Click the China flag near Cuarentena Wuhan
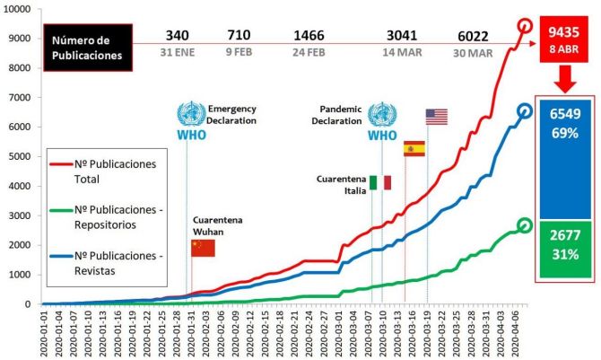click(x=203, y=248)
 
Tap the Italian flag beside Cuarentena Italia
click(x=380, y=182)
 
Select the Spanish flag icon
click(x=414, y=148)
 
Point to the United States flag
click(x=436, y=117)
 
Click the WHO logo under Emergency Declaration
click(x=189, y=120)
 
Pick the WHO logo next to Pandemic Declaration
click(x=382, y=120)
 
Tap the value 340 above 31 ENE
click(x=177, y=36)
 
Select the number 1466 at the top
click(x=309, y=36)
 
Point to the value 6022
click(x=473, y=36)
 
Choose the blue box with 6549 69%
click(x=562, y=160)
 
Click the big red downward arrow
click(x=562, y=82)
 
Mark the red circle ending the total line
click(x=525, y=27)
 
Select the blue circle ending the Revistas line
click(x=525, y=111)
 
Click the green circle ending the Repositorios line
click(x=525, y=225)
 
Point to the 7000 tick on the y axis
click(x=25, y=97)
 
